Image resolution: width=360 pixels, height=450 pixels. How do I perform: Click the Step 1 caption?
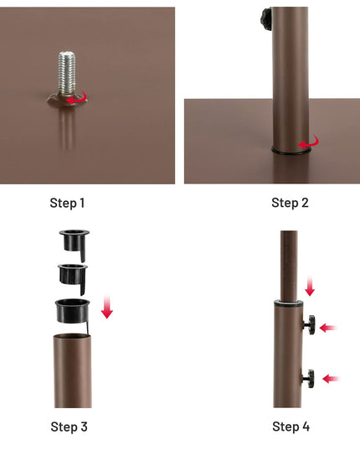pos(67,203)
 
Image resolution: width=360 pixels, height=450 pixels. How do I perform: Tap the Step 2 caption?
pos(290,203)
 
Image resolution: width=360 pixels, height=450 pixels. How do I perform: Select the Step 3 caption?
pos(69,427)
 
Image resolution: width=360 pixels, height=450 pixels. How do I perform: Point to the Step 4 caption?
pos(291,427)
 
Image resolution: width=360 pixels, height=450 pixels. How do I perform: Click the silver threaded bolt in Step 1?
pos(66,73)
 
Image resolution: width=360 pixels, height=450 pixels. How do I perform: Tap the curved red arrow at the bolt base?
pos(77,97)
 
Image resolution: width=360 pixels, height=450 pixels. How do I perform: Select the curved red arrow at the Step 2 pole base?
pos(309,142)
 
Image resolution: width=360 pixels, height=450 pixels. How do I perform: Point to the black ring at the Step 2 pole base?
pos(290,151)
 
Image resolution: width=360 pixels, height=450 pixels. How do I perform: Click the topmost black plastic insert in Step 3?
pos(74,242)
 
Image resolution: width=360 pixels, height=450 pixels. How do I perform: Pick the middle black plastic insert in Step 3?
pos(73,276)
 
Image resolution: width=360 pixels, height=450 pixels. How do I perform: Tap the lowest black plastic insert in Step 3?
pos(73,312)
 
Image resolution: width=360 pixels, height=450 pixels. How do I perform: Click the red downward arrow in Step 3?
pos(107,307)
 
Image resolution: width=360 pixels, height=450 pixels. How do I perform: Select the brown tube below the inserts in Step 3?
pos(73,370)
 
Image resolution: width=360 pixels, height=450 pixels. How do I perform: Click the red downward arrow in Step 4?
pos(310,287)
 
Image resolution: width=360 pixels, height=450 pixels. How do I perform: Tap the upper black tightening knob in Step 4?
pos(310,324)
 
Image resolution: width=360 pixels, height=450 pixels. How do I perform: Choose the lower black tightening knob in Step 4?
pos(308,379)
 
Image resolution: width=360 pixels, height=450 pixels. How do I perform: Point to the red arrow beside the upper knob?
pos(328,328)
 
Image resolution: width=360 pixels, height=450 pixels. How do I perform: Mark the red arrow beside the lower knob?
pos(331,379)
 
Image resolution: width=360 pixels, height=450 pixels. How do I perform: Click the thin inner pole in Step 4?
pos(289,266)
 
